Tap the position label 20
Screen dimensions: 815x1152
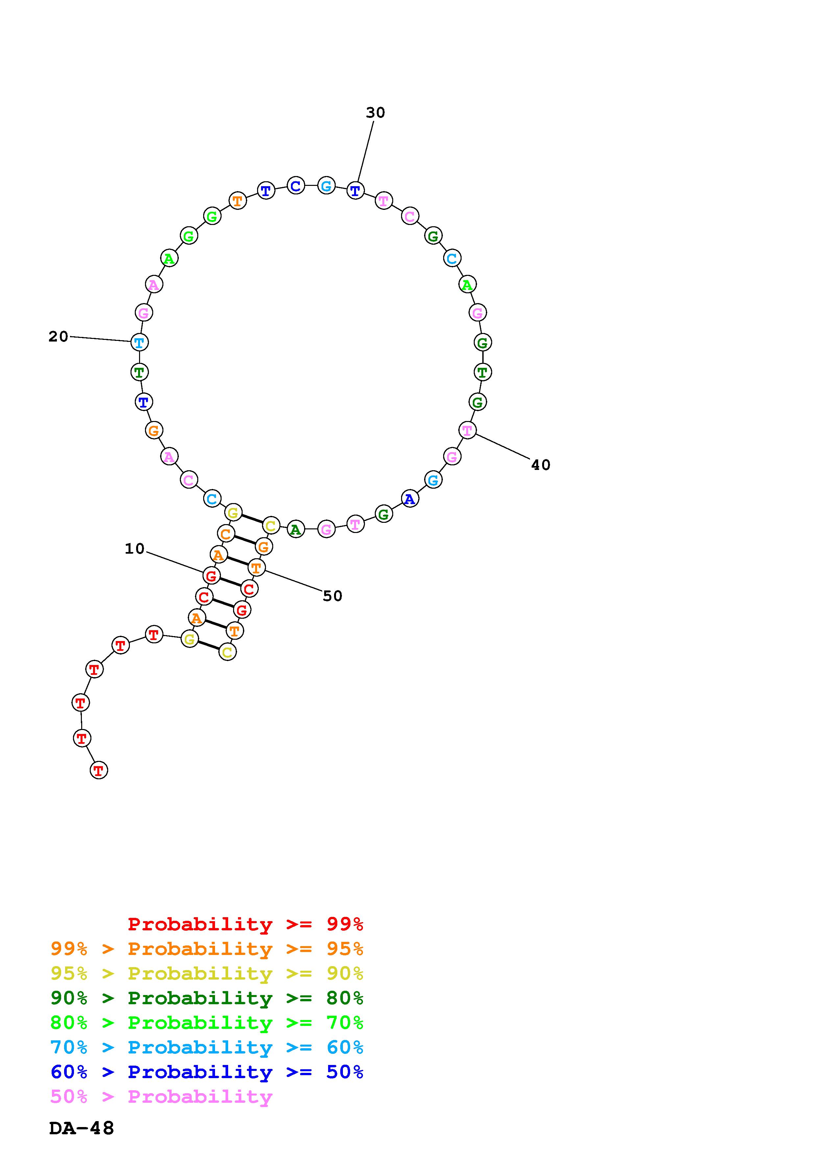coord(58,337)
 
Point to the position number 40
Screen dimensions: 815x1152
coord(541,465)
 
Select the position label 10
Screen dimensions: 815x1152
coord(134,549)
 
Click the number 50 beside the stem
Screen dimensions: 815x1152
coord(332,596)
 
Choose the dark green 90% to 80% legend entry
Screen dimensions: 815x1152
coord(207,998)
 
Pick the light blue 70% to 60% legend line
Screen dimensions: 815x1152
coord(207,1048)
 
